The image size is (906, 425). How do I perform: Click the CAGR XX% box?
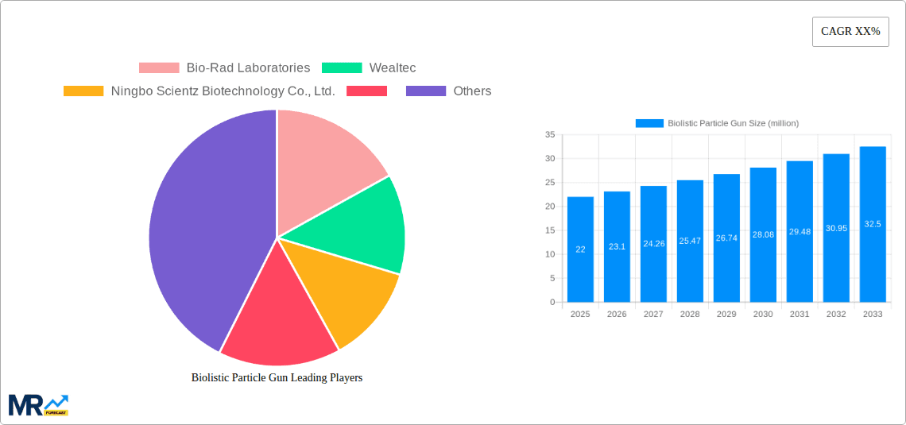850,32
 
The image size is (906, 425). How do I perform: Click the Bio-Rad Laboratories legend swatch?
159,68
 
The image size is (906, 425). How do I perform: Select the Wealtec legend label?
392,68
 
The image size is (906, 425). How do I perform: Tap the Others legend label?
472,91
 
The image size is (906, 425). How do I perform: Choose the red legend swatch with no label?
367,91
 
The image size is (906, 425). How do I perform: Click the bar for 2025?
580,249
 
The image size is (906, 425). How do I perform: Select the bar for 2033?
873,224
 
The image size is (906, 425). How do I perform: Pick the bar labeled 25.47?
690,241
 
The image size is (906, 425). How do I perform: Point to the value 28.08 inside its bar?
763,235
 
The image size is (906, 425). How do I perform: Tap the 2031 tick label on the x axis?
800,315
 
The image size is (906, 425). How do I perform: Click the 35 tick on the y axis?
549,135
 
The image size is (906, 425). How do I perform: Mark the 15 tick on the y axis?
549,230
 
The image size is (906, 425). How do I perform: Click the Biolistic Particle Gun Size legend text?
733,123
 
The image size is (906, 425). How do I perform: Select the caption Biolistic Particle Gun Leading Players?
277,378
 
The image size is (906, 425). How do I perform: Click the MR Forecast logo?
38,404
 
